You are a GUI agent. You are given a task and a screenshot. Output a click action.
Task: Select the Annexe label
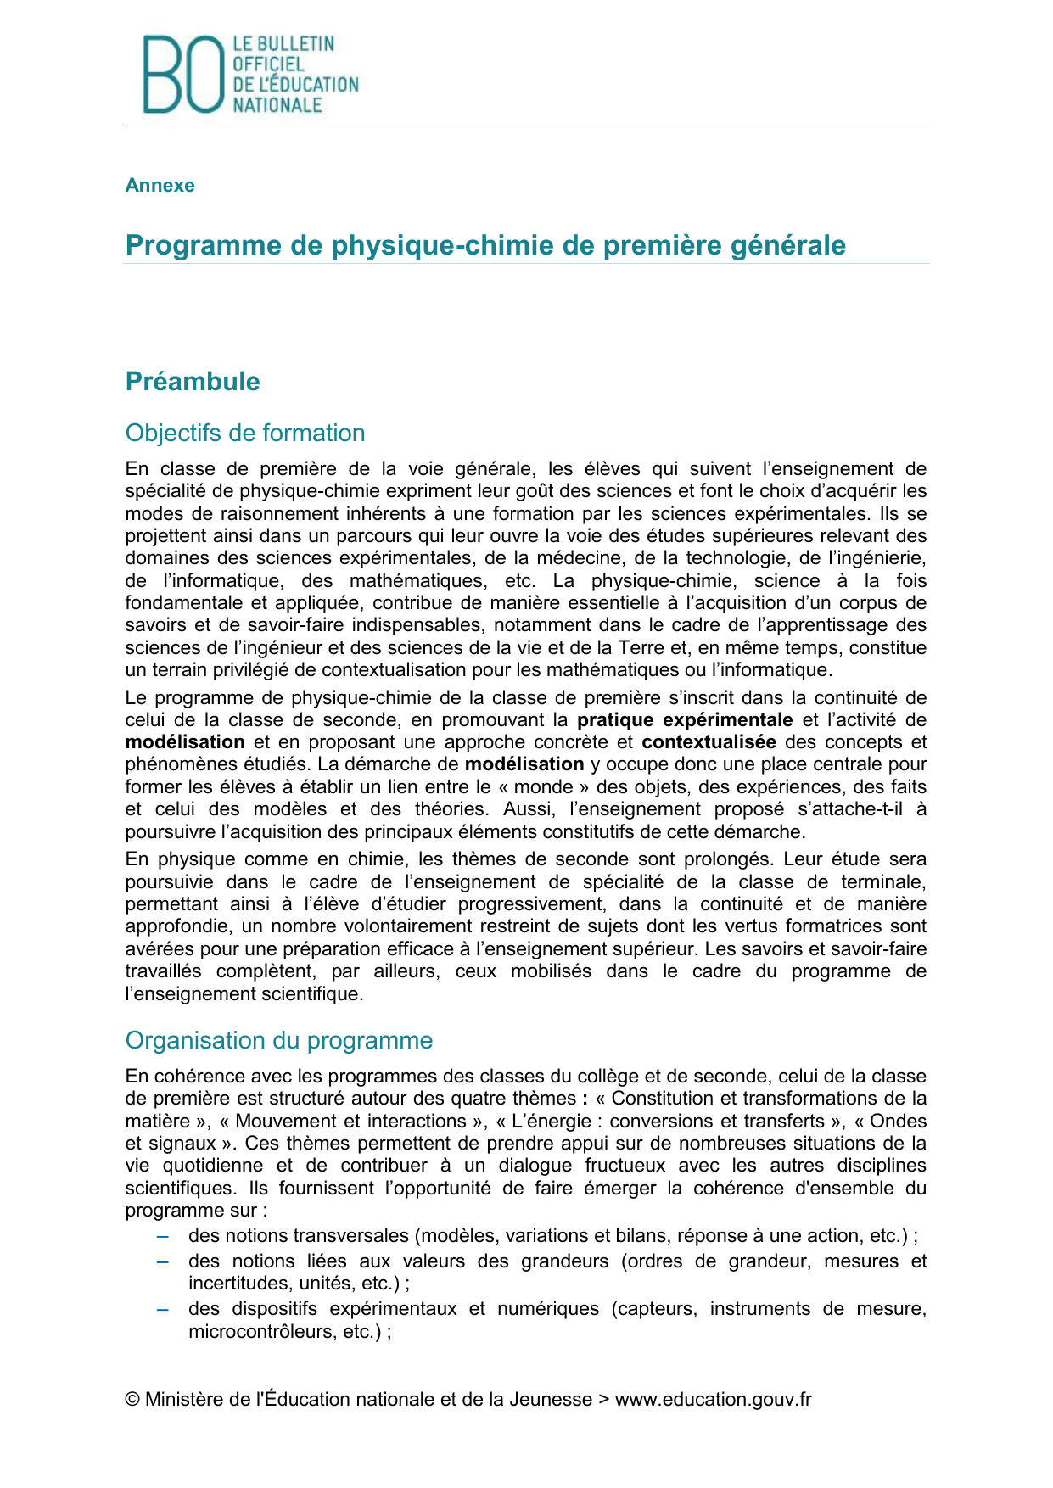[160, 185]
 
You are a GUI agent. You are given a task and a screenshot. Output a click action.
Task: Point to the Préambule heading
[193, 381]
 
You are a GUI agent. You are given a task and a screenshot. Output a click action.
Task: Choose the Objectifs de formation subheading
[245, 433]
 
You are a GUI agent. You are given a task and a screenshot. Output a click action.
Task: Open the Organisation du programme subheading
[279, 1040]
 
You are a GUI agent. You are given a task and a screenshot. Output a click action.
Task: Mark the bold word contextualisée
[709, 742]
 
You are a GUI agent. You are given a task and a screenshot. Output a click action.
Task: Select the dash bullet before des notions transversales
[163, 1236]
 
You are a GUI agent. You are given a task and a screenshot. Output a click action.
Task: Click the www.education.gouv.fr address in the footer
[713, 1400]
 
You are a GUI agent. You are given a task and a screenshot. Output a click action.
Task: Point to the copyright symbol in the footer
[132, 1400]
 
